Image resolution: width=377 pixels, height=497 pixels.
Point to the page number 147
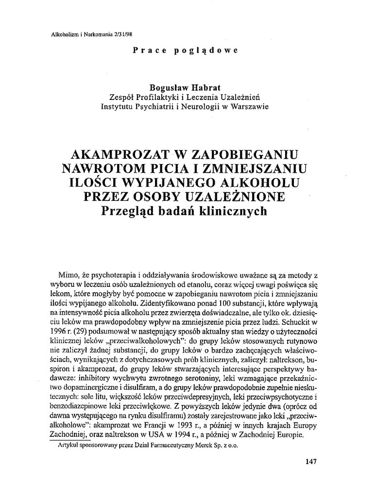point(311,462)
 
